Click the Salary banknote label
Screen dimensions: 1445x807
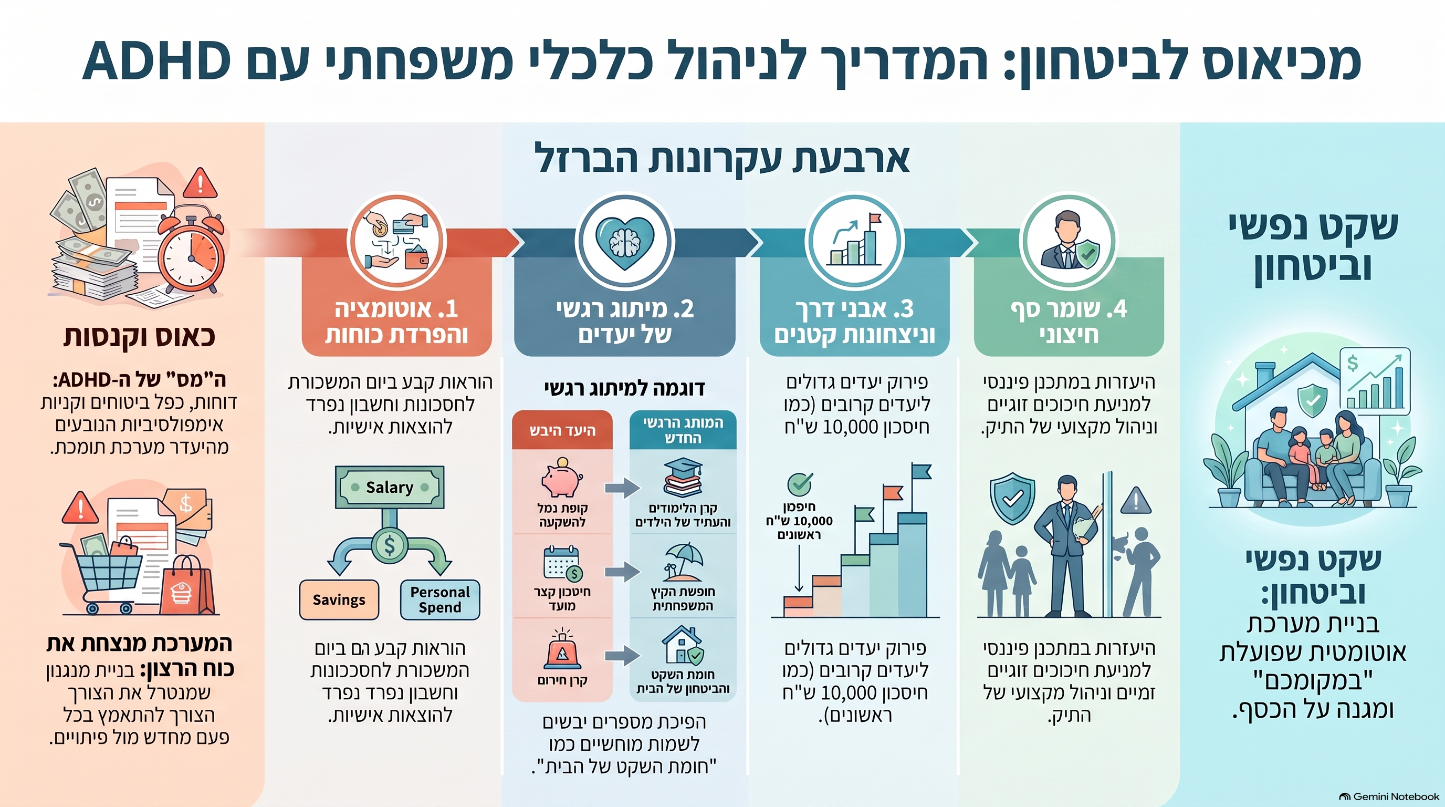click(390, 487)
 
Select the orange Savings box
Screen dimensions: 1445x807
click(339, 599)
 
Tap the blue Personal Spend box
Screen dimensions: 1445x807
click(440, 599)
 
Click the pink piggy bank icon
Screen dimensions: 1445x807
click(561, 478)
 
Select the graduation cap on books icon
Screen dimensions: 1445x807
click(682, 478)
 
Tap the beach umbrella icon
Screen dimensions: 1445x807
click(682, 562)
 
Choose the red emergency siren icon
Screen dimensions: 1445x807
click(562, 649)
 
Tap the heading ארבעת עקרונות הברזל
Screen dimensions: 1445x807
click(722, 159)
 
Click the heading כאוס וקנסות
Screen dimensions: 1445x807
click(139, 337)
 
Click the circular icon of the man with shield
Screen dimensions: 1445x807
click(1068, 242)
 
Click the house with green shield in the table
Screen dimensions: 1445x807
click(682, 645)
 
